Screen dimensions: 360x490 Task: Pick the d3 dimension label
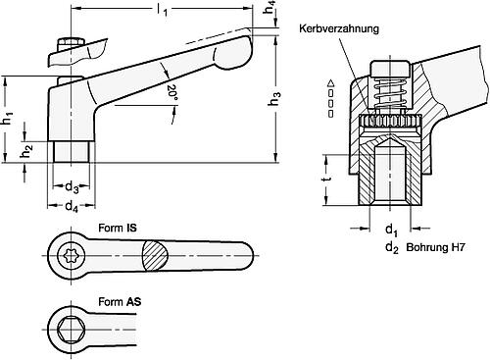tap(71, 189)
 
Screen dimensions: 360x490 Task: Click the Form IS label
tap(118, 226)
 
